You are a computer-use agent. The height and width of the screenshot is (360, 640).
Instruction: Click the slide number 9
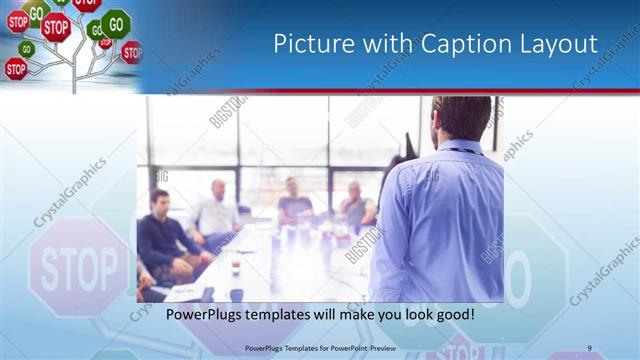pos(589,348)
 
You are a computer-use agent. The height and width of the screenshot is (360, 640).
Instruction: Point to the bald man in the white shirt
pos(217,211)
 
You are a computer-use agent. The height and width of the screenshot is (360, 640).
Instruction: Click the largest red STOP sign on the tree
pos(56,27)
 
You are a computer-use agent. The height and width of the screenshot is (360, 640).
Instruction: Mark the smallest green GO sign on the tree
pos(27,48)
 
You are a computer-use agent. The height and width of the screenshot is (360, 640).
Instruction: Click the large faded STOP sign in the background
pos(79,268)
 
